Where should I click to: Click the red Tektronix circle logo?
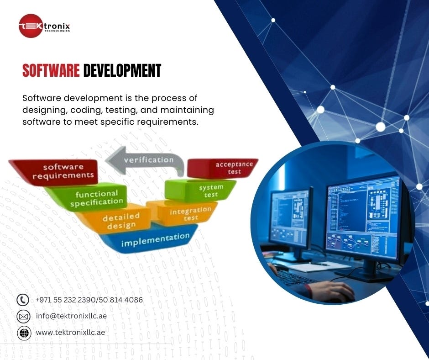pyautogui.click(x=31, y=26)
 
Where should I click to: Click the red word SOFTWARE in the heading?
pyautogui.click(x=51, y=71)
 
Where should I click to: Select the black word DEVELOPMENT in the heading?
pyautogui.click(x=122, y=71)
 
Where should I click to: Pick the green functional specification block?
pyautogui.click(x=96, y=198)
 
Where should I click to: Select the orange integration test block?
pyautogui.click(x=189, y=213)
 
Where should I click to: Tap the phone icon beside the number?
pyautogui.click(x=23, y=300)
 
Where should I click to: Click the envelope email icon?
pyautogui.click(x=23, y=316)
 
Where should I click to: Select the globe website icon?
pyautogui.click(x=23, y=333)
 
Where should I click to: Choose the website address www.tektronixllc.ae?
pyautogui.click(x=70, y=332)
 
